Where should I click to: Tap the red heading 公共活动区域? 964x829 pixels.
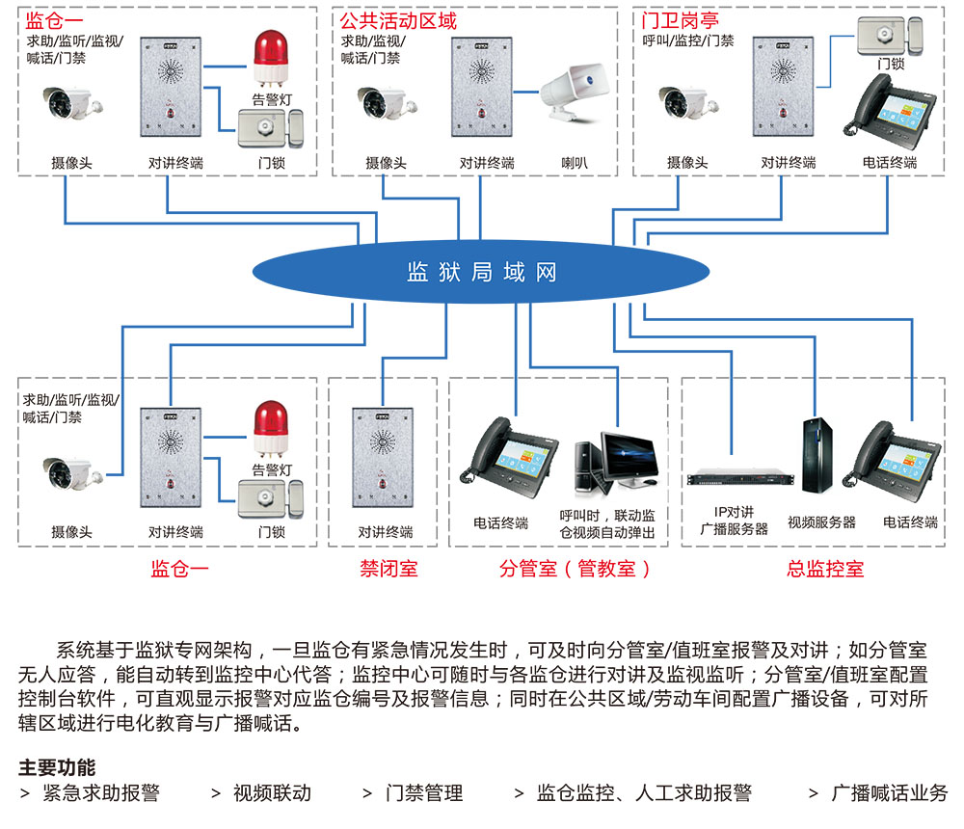tap(398, 20)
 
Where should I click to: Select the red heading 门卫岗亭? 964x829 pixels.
tap(681, 20)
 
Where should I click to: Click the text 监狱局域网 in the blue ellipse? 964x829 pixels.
tap(482, 272)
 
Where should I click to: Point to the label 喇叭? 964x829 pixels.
tap(575, 163)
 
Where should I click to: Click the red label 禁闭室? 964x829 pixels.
tap(388, 569)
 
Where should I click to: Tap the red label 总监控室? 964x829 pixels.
tap(825, 569)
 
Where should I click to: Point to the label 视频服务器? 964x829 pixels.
tap(821, 522)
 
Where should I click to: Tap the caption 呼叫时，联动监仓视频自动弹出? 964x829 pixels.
tap(607, 523)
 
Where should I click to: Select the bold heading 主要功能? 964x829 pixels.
tap(57, 768)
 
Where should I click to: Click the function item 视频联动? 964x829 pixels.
tap(272, 793)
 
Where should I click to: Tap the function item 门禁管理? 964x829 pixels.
tap(424, 793)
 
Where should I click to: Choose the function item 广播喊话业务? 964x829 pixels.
tap(890, 793)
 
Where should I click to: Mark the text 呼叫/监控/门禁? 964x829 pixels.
tap(688, 40)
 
